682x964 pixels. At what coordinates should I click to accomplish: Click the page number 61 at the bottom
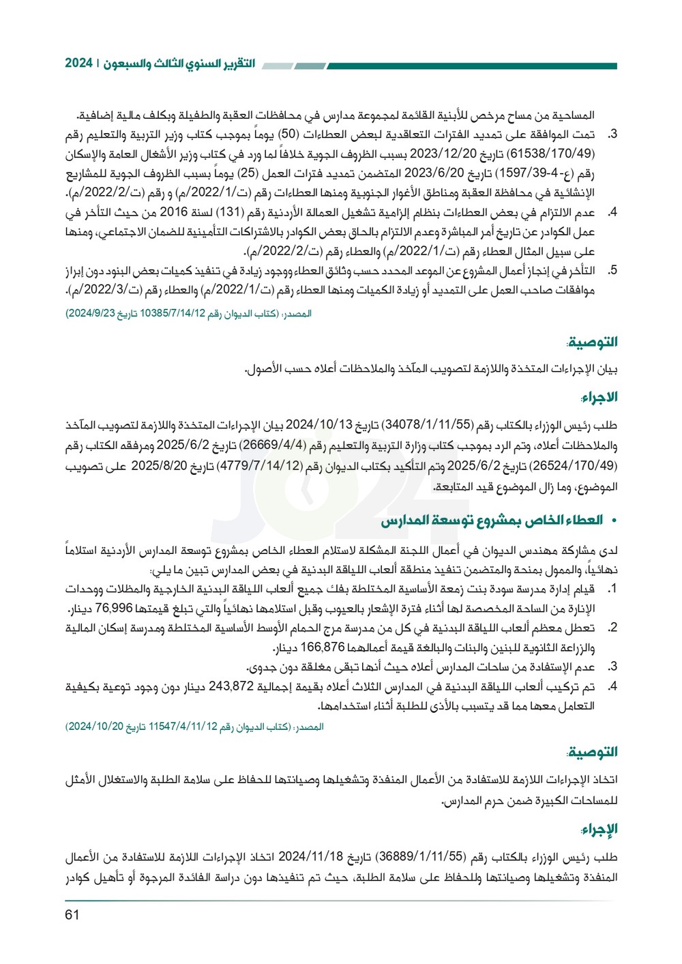pos(73,915)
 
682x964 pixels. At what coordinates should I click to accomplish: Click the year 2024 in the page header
pos(79,63)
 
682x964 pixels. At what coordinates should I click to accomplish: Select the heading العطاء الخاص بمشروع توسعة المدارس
pos(492,521)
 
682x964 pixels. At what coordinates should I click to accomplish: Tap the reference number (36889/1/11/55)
pos(421,856)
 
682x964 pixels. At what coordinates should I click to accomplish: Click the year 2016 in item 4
pos(174,213)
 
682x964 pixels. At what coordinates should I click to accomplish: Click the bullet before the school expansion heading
pos(613,521)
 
